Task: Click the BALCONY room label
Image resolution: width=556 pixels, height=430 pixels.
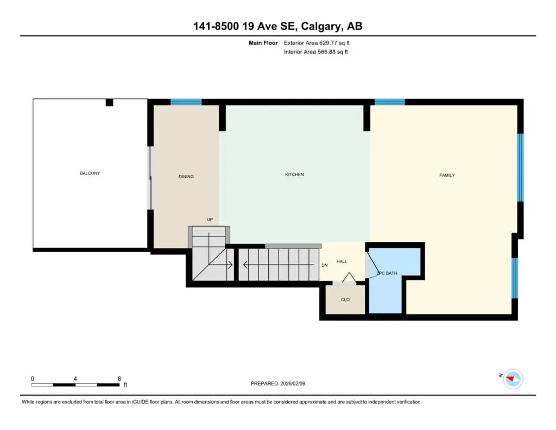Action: [x=90, y=173]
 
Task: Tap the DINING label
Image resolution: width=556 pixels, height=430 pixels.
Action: [x=186, y=177]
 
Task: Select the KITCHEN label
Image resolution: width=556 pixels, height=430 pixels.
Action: [x=294, y=175]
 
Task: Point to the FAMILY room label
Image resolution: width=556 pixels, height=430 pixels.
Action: [x=447, y=175]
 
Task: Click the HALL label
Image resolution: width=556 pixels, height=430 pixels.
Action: [x=342, y=261]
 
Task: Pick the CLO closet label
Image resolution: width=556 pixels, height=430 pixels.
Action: [x=345, y=300]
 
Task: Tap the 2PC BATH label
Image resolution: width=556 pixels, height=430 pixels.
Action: [x=387, y=273]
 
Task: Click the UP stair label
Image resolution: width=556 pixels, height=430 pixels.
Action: [x=210, y=220]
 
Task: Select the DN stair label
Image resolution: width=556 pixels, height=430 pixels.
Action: [x=324, y=265]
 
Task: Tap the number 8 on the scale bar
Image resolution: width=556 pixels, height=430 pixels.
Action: [x=119, y=379]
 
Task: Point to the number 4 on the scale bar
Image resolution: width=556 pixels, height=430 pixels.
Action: [x=75, y=379]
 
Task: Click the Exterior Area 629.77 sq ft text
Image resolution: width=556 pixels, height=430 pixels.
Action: [x=317, y=43]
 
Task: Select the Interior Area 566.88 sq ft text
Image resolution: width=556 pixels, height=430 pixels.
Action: [x=315, y=52]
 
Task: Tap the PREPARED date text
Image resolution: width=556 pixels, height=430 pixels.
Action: [x=277, y=383]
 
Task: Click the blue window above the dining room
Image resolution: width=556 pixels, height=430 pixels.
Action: [x=186, y=102]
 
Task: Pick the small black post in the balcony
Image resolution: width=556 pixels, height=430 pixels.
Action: [x=110, y=103]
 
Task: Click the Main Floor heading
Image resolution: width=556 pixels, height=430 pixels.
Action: [x=263, y=43]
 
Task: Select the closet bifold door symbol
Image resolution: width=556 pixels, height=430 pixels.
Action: [x=349, y=277]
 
